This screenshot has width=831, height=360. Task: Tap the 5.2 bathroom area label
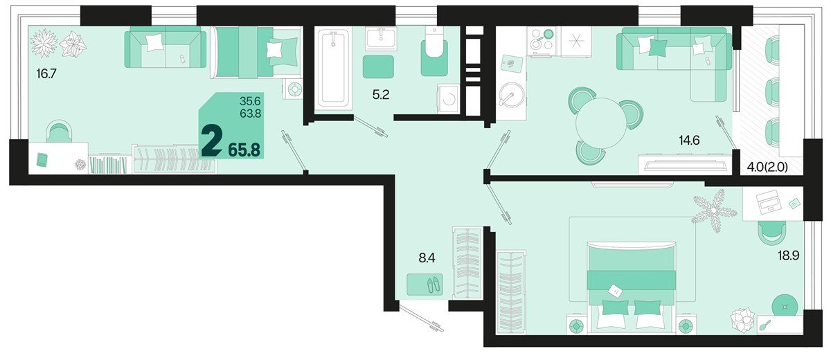point(381,96)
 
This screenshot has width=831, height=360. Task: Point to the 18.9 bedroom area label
point(787,255)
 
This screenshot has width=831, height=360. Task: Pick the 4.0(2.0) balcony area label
point(770,168)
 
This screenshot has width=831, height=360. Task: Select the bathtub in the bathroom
point(334,69)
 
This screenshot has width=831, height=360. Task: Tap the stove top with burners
point(541,40)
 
